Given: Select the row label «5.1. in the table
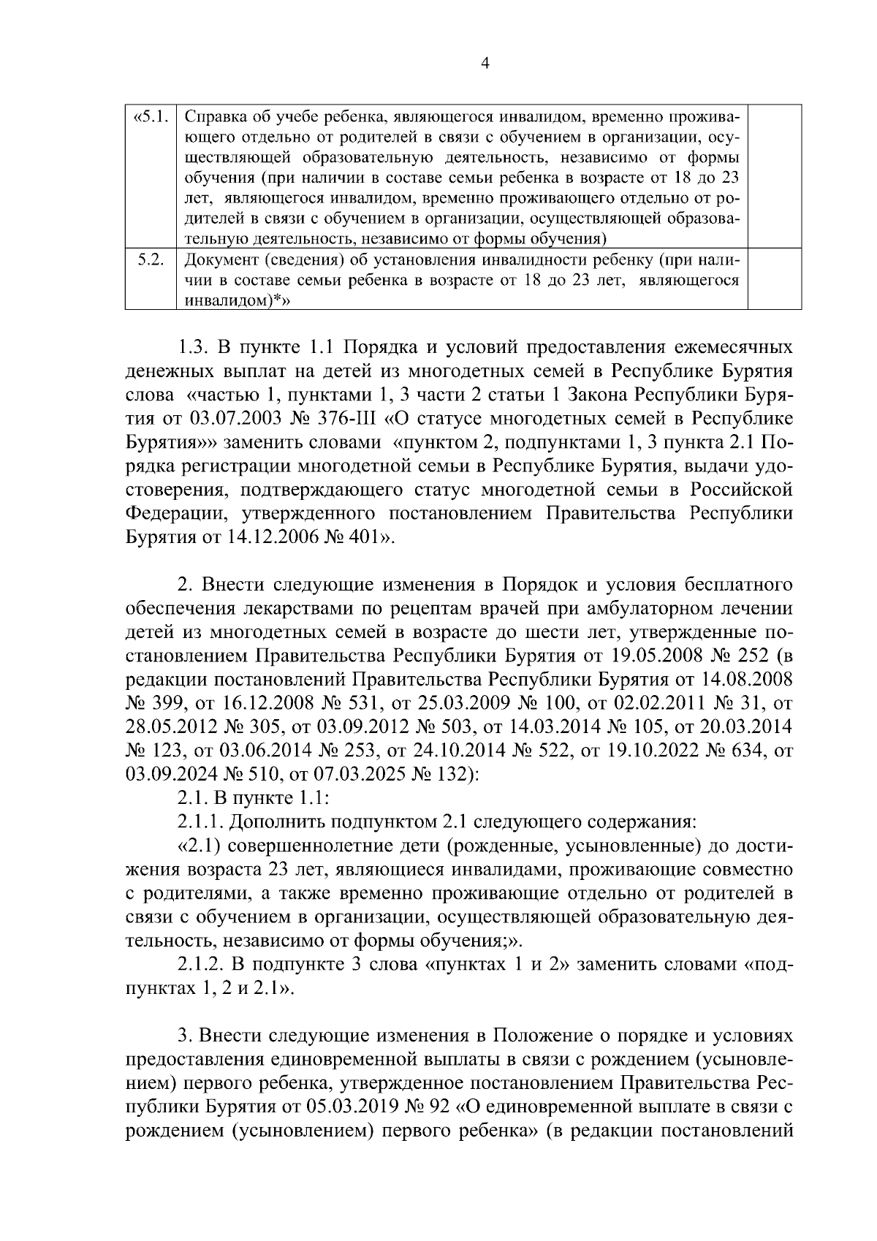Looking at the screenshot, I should (151, 117).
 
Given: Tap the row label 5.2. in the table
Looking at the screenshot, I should (151, 260).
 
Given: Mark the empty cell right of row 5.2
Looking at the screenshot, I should (776, 280).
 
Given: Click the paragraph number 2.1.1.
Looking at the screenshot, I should (200, 822).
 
